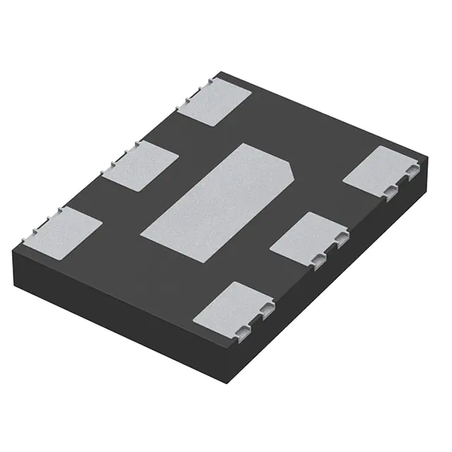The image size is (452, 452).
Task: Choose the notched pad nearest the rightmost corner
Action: [382, 172]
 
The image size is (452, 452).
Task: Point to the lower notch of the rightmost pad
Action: [391, 192]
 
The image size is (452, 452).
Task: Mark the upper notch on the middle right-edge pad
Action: [341, 237]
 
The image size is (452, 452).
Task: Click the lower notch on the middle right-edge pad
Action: [319, 260]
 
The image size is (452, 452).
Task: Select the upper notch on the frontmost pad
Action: [266, 309]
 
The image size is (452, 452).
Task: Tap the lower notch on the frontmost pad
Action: [243, 332]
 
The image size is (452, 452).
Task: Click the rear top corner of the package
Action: [220, 71]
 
